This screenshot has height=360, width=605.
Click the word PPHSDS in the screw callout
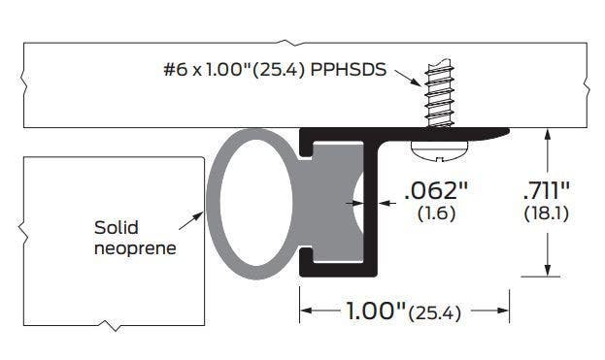pos(348,70)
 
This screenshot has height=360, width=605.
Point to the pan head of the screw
pos(440,150)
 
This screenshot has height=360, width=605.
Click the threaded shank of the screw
pos(439,93)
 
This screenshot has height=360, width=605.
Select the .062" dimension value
pos(436,191)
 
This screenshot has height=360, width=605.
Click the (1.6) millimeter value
pos(436,213)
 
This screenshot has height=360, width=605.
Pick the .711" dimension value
pos(547,190)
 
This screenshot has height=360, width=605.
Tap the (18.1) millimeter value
pos(547,213)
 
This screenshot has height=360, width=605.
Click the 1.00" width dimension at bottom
pos(376,311)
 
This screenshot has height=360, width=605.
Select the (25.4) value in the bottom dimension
pos(435,313)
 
